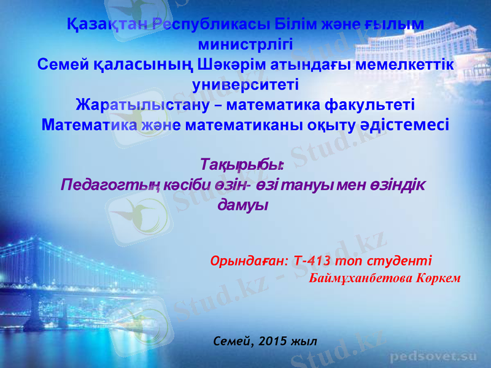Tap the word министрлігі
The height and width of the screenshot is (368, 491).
tap(246, 45)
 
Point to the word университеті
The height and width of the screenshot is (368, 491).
tap(245, 84)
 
